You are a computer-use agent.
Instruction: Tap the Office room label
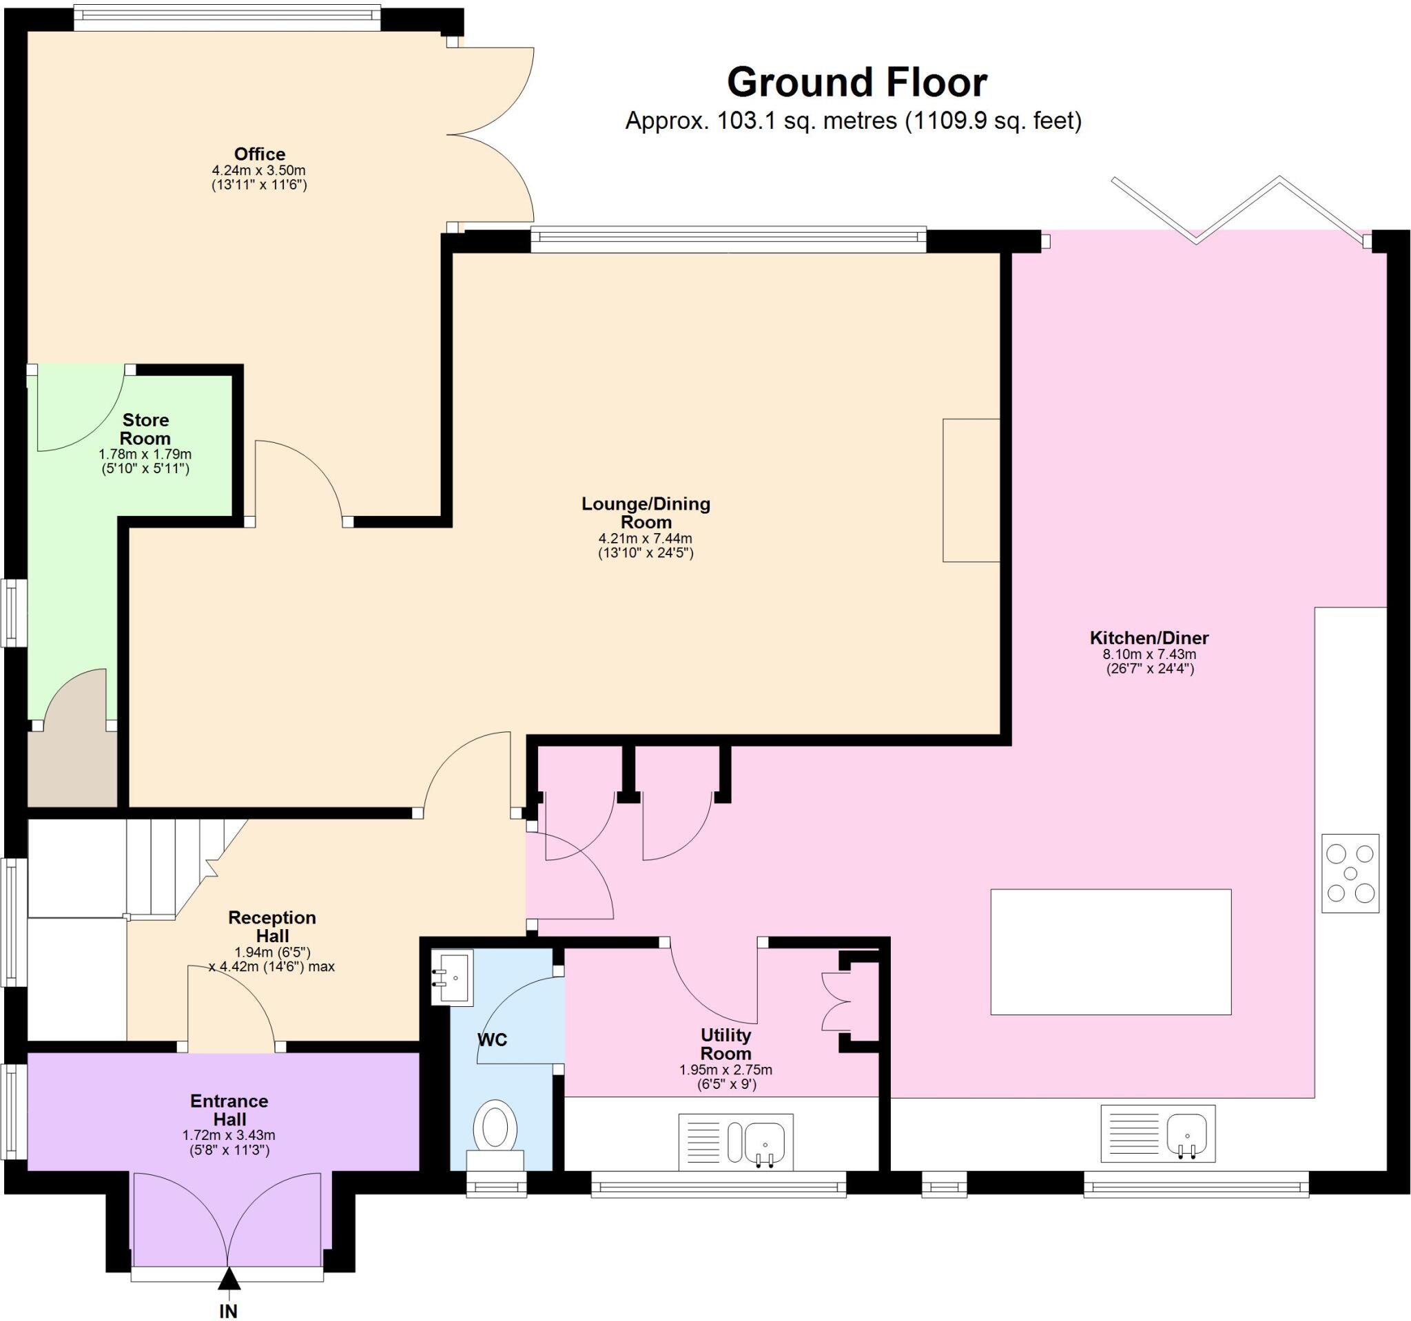tap(259, 154)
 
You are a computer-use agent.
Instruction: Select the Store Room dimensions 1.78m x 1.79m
tap(145, 454)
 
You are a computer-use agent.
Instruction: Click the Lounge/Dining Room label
tap(645, 512)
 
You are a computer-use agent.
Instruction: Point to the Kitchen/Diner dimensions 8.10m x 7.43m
tap(1149, 654)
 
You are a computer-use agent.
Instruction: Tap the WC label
tap(492, 1040)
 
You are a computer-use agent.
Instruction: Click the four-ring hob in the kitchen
tap(1350, 873)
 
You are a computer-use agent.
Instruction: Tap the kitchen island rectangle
tap(1111, 951)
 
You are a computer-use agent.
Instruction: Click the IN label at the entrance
tap(228, 1311)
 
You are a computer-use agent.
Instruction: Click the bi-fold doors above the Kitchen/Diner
tap(1239, 209)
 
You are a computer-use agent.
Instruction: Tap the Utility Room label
tap(725, 1044)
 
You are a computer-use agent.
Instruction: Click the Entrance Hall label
tap(229, 1110)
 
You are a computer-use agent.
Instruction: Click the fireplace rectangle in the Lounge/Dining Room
tap(970, 490)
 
